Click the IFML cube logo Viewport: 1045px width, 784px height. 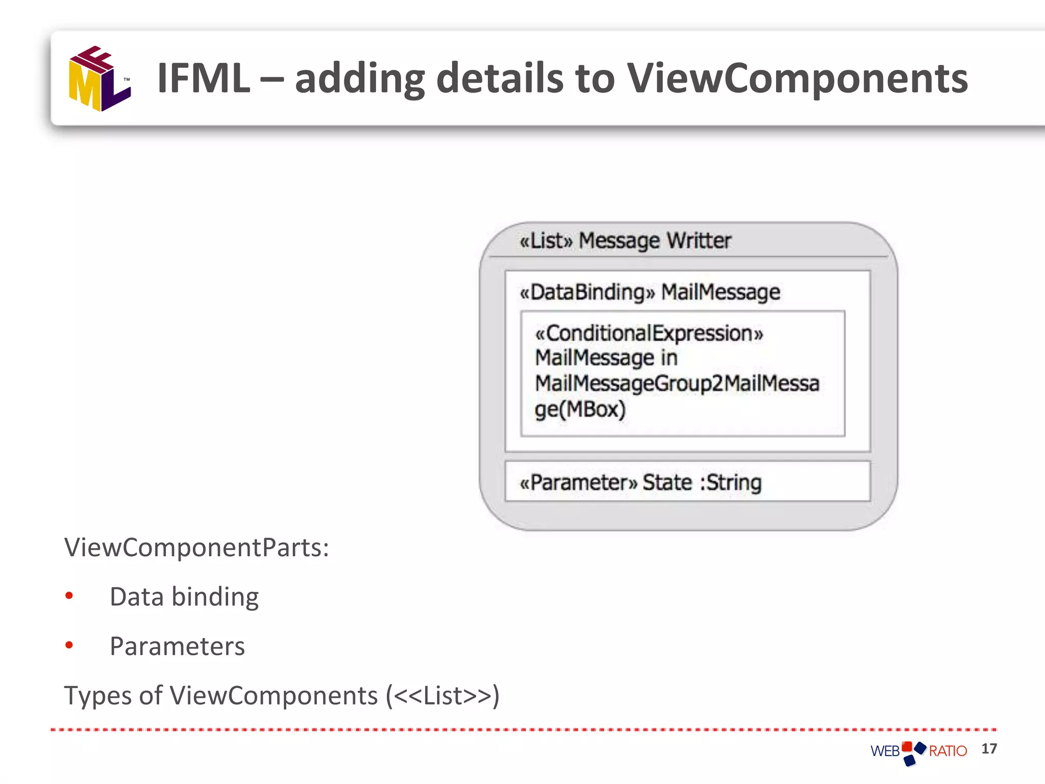pos(99,79)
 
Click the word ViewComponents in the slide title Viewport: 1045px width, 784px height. pos(797,78)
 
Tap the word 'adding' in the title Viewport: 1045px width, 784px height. pos(360,78)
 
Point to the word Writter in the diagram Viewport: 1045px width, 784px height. pos(699,240)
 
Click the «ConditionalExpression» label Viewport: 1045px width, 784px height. pos(649,333)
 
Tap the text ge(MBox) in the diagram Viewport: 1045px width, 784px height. pos(580,409)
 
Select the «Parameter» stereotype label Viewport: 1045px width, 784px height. pos(578,482)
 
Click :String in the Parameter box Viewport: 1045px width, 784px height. pos(731,482)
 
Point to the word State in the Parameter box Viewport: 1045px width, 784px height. pos(667,482)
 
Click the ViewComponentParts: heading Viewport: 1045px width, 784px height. pos(196,548)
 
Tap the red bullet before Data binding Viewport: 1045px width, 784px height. pos(69,596)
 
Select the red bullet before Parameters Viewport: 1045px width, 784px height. pos(69,645)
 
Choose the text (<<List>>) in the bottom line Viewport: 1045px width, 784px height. pos(442,695)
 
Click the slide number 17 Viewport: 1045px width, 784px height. pos(989,749)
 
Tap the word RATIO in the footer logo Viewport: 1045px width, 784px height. pos(948,751)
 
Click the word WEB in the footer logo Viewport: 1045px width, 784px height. pos(885,751)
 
